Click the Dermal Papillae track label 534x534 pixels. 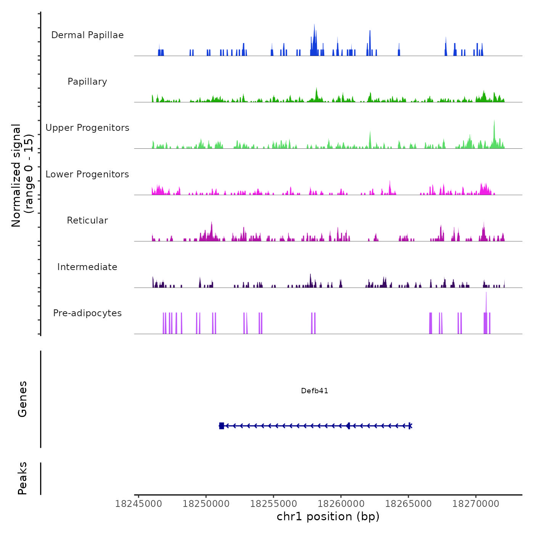(87, 35)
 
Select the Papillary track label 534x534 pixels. (87, 82)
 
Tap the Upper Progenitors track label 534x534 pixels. (87, 128)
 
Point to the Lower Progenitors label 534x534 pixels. (87, 174)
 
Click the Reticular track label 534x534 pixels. (87, 220)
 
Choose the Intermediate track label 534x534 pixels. (87, 267)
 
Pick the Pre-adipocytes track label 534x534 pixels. (87, 313)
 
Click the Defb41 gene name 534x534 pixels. (314, 391)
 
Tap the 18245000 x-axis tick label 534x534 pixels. (138, 504)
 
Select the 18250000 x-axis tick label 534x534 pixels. (206, 504)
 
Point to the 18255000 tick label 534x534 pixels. (273, 504)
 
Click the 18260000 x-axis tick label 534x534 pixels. (341, 504)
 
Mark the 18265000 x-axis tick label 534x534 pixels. (409, 504)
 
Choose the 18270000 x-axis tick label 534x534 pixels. (476, 504)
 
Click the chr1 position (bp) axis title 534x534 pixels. (328, 517)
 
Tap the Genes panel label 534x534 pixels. (23, 399)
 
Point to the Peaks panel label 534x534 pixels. (23, 478)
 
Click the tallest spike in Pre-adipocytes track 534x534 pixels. (486, 301)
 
